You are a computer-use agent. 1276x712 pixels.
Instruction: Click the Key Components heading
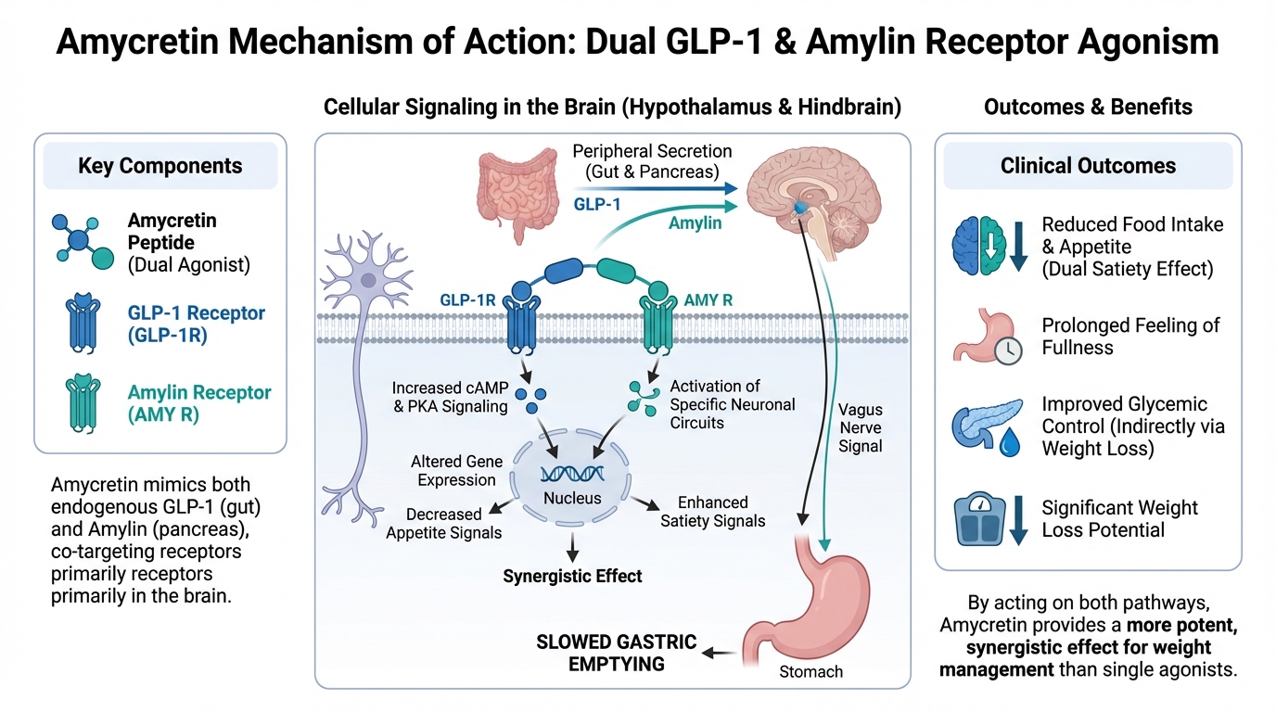[159, 166]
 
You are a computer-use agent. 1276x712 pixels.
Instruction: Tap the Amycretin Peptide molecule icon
[80, 240]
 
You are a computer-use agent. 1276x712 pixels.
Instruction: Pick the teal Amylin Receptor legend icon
[81, 401]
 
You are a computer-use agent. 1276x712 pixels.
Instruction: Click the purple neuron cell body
[369, 278]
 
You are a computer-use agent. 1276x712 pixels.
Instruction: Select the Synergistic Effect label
[572, 576]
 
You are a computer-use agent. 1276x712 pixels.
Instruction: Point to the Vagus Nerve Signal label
[861, 427]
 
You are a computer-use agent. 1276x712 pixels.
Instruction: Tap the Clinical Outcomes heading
[1088, 166]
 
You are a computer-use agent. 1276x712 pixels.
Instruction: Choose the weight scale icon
[981, 520]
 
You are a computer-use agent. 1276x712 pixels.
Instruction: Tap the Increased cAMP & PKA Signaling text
[449, 397]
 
